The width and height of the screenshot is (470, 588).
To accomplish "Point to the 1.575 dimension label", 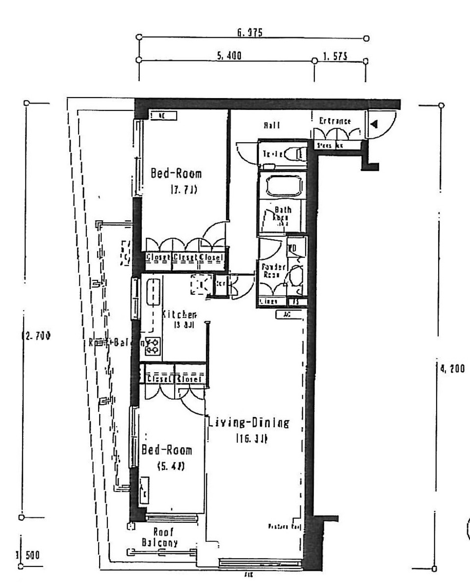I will click(x=335, y=57).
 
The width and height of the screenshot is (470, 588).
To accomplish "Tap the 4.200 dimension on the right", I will click(x=450, y=369).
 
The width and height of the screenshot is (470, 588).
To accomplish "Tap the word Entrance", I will click(x=335, y=121).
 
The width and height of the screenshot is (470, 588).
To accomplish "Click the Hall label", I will click(x=272, y=126).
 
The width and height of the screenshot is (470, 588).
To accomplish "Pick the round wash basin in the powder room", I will click(x=295, y=277).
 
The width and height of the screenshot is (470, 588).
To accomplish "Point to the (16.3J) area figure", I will click(x=251, y=439).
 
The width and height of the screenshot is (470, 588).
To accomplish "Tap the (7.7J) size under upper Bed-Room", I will click(x=183, y=190).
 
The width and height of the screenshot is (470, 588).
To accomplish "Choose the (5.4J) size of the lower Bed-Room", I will click(x=171, y=467).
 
